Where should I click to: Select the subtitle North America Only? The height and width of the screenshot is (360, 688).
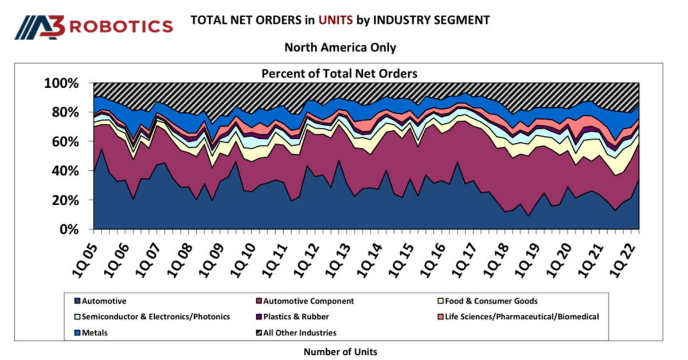340,48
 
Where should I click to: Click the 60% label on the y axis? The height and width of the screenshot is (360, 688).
64,142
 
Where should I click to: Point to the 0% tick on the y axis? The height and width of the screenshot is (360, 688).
69,229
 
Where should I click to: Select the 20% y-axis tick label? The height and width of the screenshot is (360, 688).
64,200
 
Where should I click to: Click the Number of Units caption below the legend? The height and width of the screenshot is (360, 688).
340,351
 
